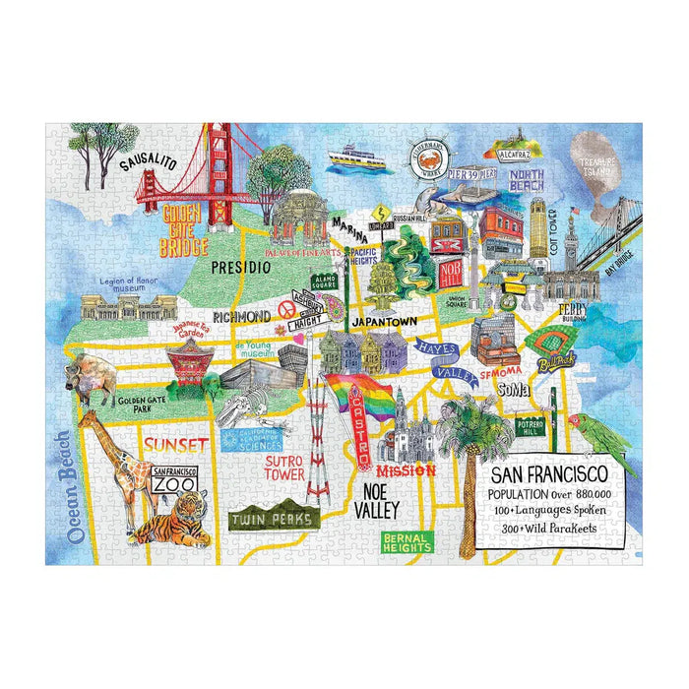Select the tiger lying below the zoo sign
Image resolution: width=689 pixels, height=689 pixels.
coord(169,526)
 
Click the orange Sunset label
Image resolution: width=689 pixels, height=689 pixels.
coord(173,445)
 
